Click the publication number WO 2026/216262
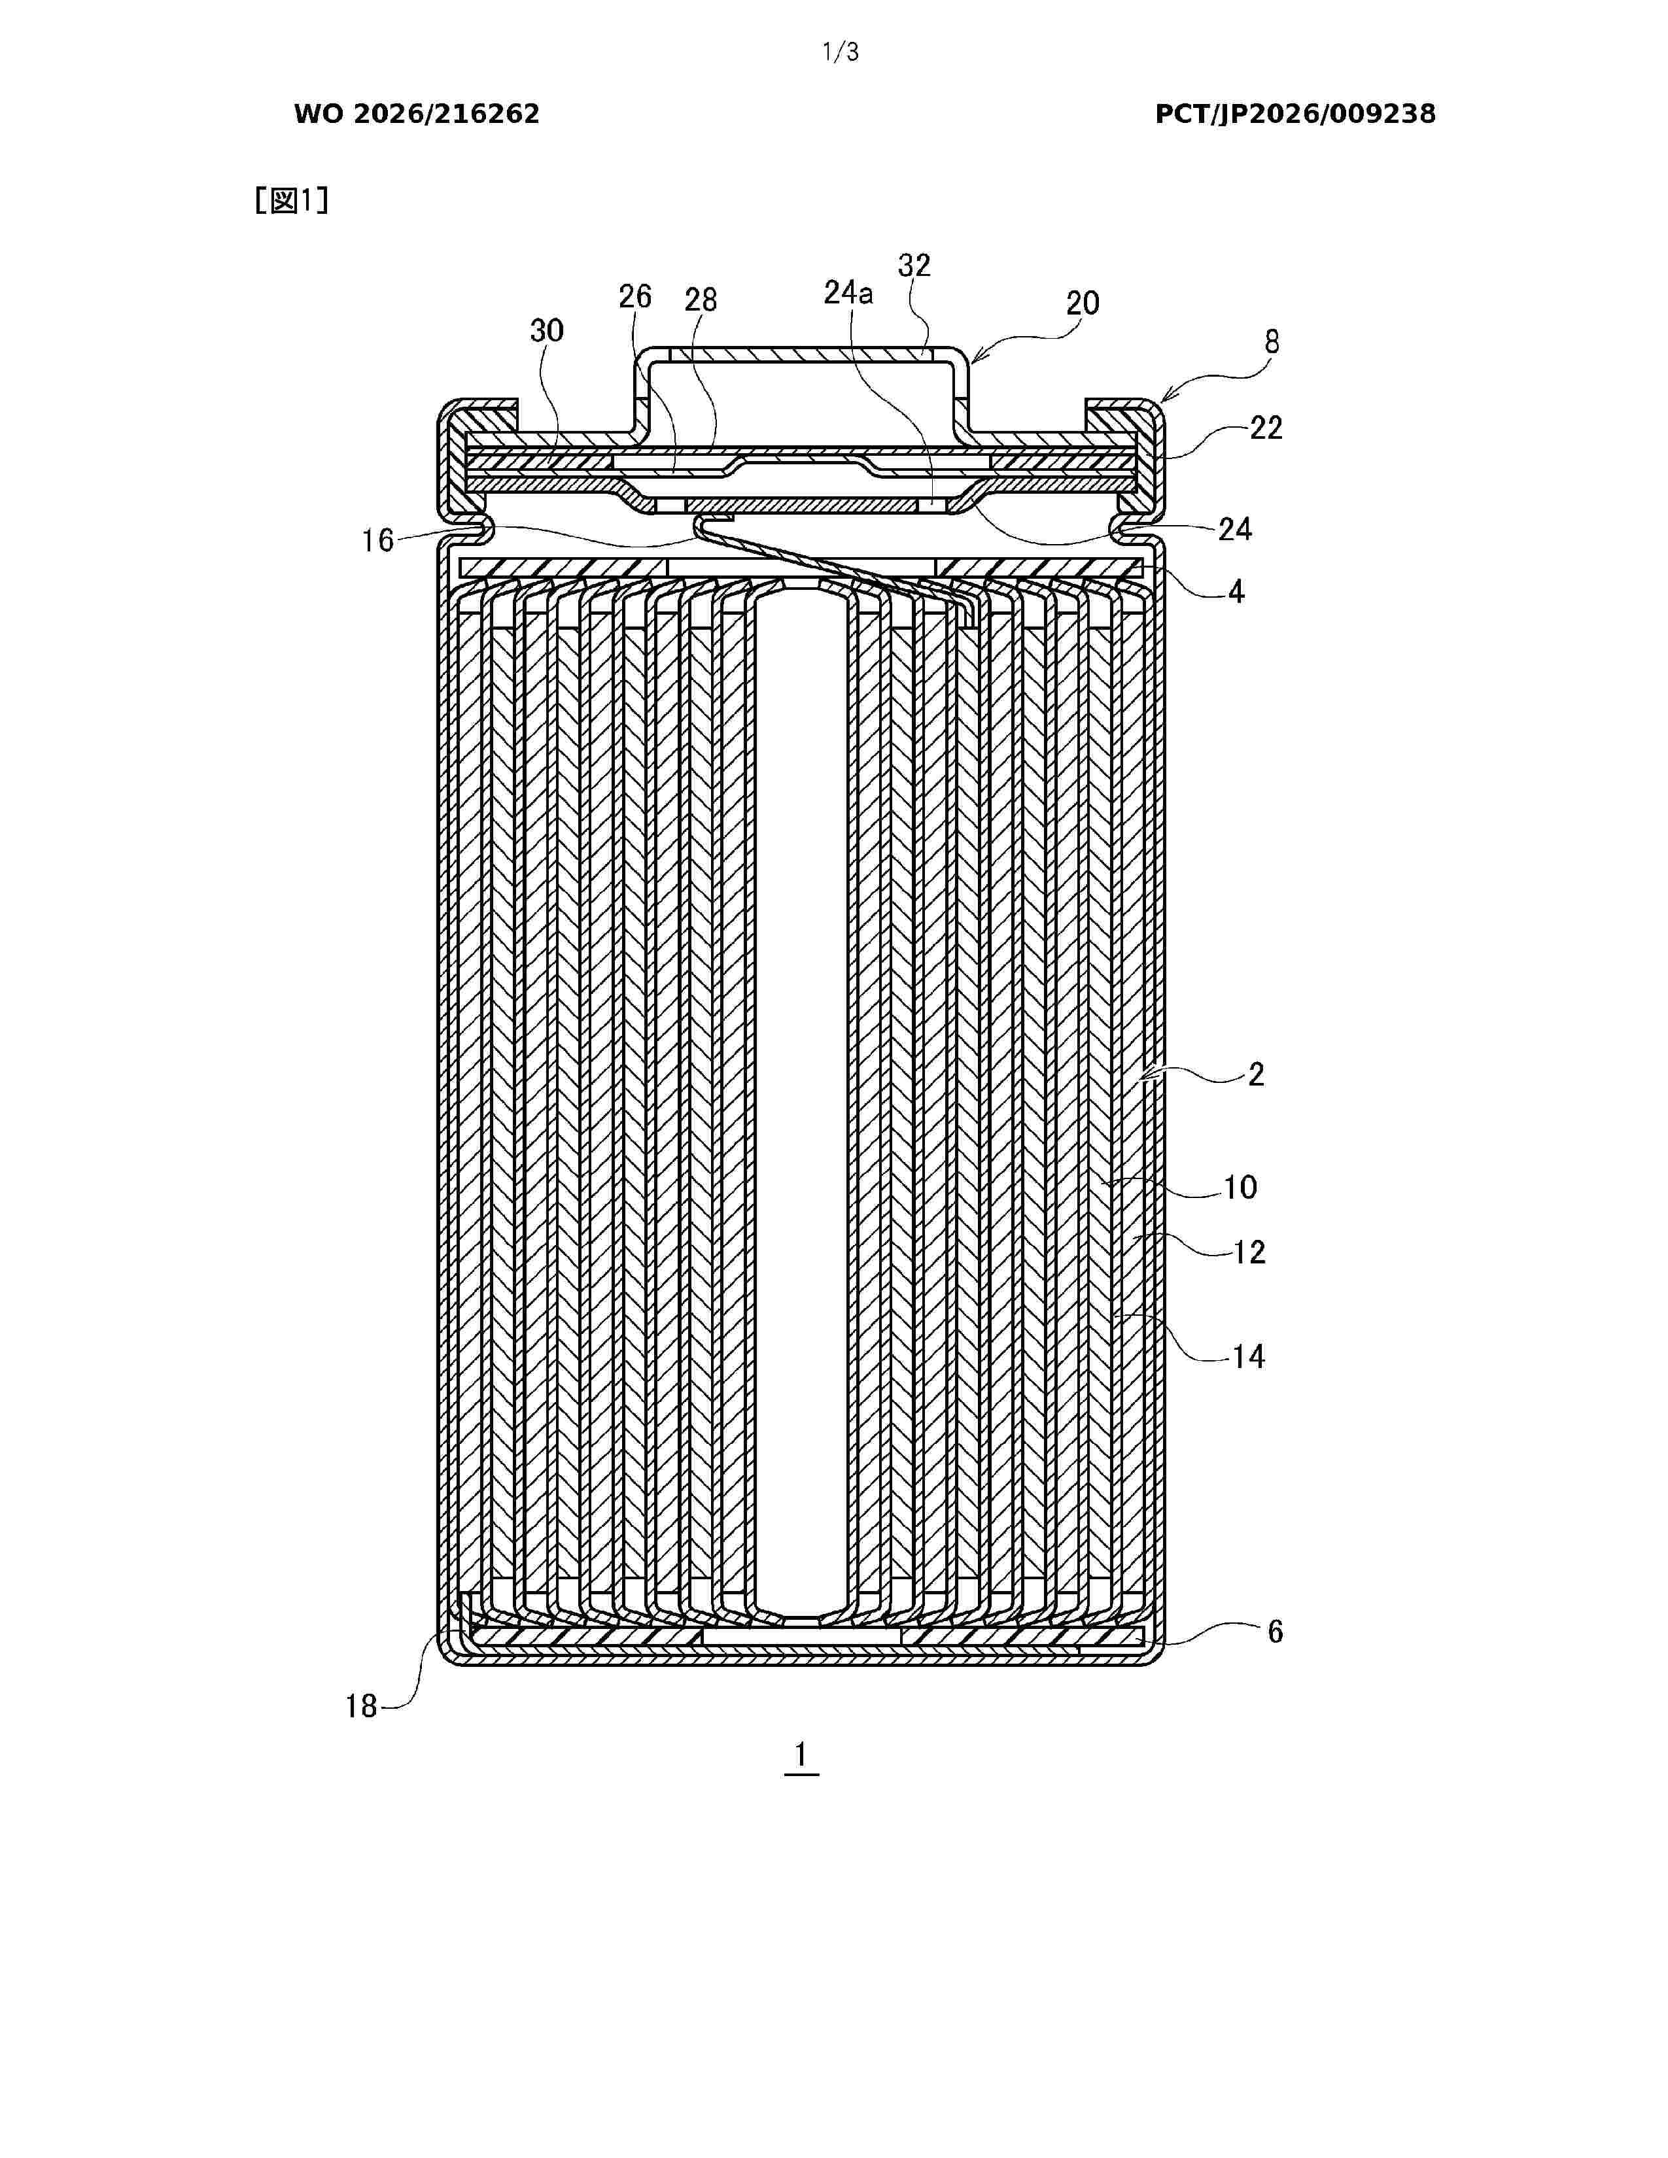(417, 114)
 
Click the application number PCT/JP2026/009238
(1295, 114)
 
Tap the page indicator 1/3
(841, 52)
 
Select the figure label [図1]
(292, 201)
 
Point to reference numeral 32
(914, 265)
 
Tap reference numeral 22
(1266, 428)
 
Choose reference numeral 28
(701, 300)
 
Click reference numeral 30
(546, 330)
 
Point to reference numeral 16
(377, 541)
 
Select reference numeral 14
(1248, 1357)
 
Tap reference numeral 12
(1249, 1253)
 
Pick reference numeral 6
(1275, 1632)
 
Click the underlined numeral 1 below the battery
(801, 1755)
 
